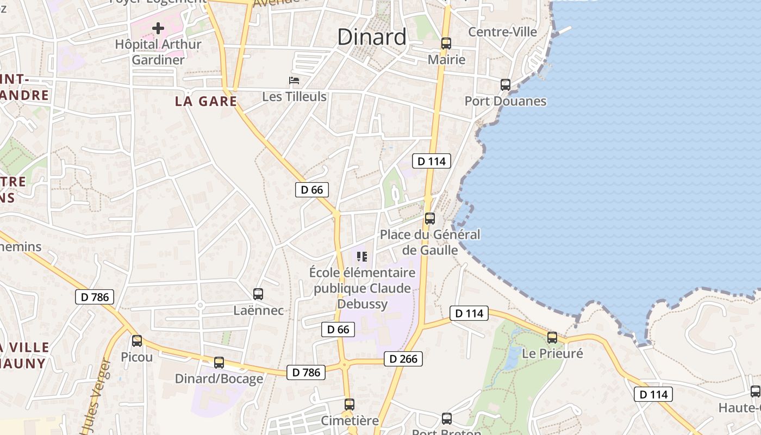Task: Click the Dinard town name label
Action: [372, 37]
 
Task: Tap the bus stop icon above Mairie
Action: [446, 43]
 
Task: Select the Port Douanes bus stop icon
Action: [506, 85]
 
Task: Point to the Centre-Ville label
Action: [502, 32]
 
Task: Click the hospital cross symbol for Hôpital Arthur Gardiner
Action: [158, 28]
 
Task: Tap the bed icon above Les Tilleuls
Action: [294, 81]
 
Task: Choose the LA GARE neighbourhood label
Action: [206, 101]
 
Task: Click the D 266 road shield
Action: [403, 359]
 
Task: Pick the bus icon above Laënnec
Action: [258, 294]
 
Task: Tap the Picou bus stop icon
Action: [137, 341]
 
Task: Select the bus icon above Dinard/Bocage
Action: [219, 363]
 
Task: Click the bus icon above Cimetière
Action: [350, 405]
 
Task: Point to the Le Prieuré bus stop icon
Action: [552, 338]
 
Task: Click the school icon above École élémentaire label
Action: [362, 256]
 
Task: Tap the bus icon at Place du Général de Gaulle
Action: [430, 219]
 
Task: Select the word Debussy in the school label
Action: [363, 303]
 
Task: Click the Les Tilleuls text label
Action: [294, 97]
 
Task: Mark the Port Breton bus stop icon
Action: [447, 419]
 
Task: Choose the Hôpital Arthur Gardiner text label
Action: [158, 52]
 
